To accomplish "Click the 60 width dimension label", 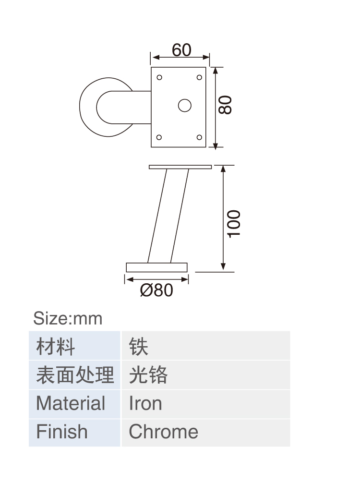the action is tap(181, 50).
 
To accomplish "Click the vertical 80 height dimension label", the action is tap(225, 105).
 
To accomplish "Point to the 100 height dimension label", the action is tap(234, 224).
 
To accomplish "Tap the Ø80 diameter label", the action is tap(156, 290).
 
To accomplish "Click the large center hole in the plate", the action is tap(185, 106).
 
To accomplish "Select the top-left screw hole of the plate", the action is tap(159, 77).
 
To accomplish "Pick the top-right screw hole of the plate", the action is tap(199, 77).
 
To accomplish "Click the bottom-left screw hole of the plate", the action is tap(159, 137).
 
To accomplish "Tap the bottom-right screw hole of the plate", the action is tap(199, 137).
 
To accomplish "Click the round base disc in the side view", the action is tap(156, 267).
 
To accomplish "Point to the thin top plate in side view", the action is tap(180, 167).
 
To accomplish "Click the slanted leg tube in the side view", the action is tap(168, 216).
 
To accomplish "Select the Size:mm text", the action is tap(68, 318).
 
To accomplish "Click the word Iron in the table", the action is tap(145, 403).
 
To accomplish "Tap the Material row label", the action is tap(71, 403).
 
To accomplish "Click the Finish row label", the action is tap(62, 432).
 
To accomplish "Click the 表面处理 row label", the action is tap(75, 374).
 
